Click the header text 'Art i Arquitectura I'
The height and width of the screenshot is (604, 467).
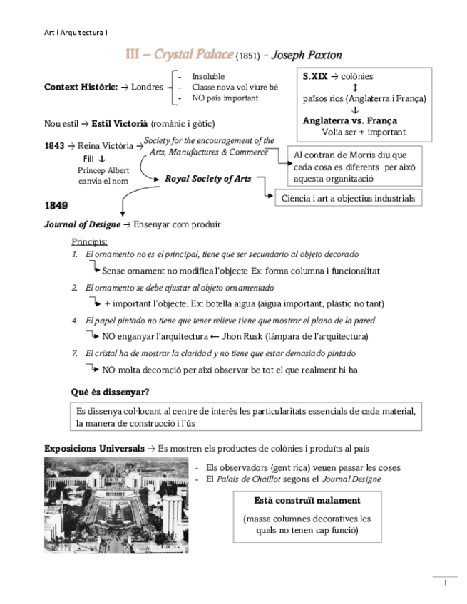(75, 32)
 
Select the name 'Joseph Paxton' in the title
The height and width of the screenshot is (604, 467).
(307, 55)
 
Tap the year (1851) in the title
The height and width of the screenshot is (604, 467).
(247, 56)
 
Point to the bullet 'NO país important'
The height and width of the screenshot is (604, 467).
(225, 98)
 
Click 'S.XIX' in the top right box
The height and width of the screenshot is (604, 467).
(315, 76)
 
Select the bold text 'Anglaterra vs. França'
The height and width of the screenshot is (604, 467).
(349, 120)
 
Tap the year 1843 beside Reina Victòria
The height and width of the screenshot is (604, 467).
(55, 146)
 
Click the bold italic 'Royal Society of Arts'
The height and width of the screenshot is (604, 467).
(207, 179)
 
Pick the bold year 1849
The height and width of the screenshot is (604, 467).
(56, 206)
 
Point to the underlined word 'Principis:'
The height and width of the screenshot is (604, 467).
(89, 241)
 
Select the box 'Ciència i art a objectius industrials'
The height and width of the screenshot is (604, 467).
(347, 198)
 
